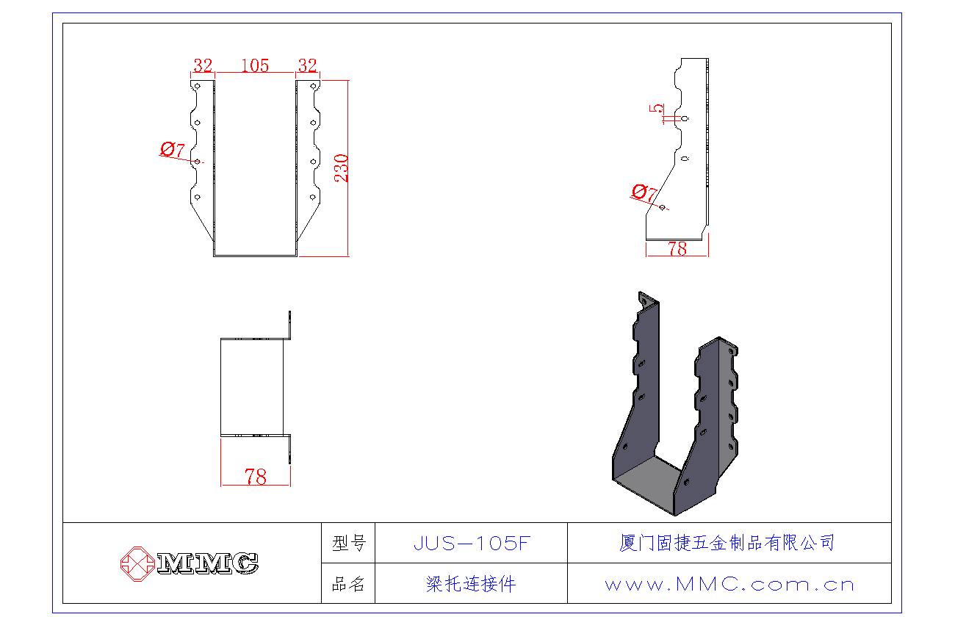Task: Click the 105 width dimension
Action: click(255, 65)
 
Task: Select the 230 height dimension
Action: click(342, 168)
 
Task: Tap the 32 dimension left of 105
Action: click(203, 65)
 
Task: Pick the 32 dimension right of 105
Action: click(307, 65)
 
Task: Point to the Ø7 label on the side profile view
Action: click(644, 193)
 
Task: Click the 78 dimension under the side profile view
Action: click(677, 249)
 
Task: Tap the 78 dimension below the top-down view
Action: click(256, 477)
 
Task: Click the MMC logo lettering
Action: click(208, 563)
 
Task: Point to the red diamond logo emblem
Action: click(137, 563)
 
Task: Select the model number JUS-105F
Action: click(471, 544)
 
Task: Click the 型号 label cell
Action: click(348, 544)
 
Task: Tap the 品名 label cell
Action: click(348, 585)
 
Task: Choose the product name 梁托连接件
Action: click(471, 585)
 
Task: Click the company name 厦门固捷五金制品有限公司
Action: click(727, 544)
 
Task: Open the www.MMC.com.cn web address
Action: click(729, 585)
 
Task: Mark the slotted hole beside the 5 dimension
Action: click(685, 118)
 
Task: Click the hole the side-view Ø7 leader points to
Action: click(663, 207)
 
